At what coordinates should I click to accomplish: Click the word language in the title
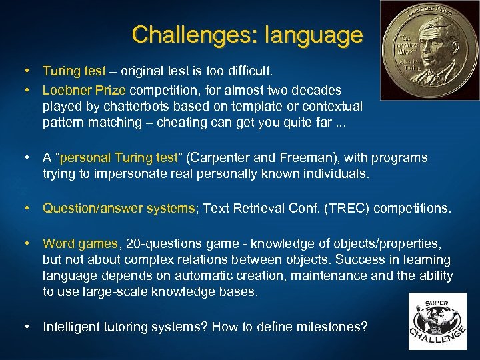tap(314, 34)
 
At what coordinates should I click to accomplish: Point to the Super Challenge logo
tap(437, 321)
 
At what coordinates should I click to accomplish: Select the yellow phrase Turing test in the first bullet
tap(74, 70)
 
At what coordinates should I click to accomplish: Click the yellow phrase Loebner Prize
tap(85, 89)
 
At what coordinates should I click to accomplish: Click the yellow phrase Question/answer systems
tap(119, 208)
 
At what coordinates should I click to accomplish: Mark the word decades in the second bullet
tap(317, 89)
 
